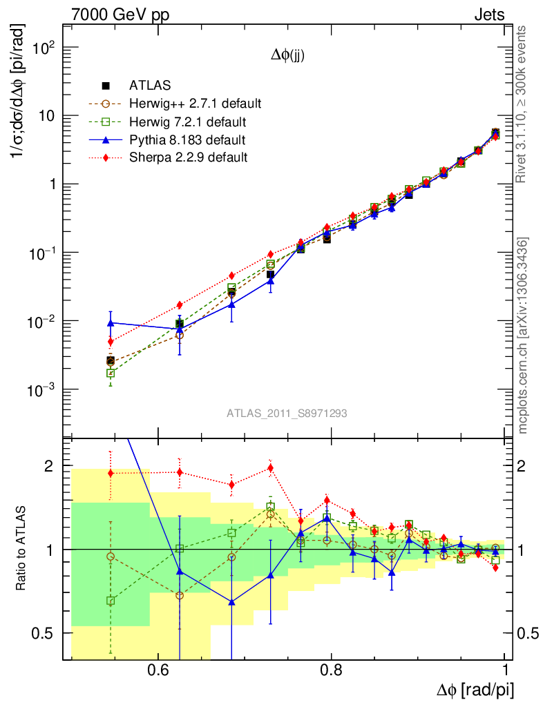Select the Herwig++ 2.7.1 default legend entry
click(194, 104)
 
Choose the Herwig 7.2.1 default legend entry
click(187, 122)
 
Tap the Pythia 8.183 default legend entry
click(187, 140)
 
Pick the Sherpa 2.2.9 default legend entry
click(188, 157)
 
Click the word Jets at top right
click(488, 14)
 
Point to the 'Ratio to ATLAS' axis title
click(22, 548)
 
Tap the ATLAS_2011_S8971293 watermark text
click(287, 414)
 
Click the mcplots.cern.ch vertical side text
click(524, 336)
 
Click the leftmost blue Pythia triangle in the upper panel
click(111, 322)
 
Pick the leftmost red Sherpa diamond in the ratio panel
click(111, 473)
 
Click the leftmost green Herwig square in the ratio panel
click(111, 601)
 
